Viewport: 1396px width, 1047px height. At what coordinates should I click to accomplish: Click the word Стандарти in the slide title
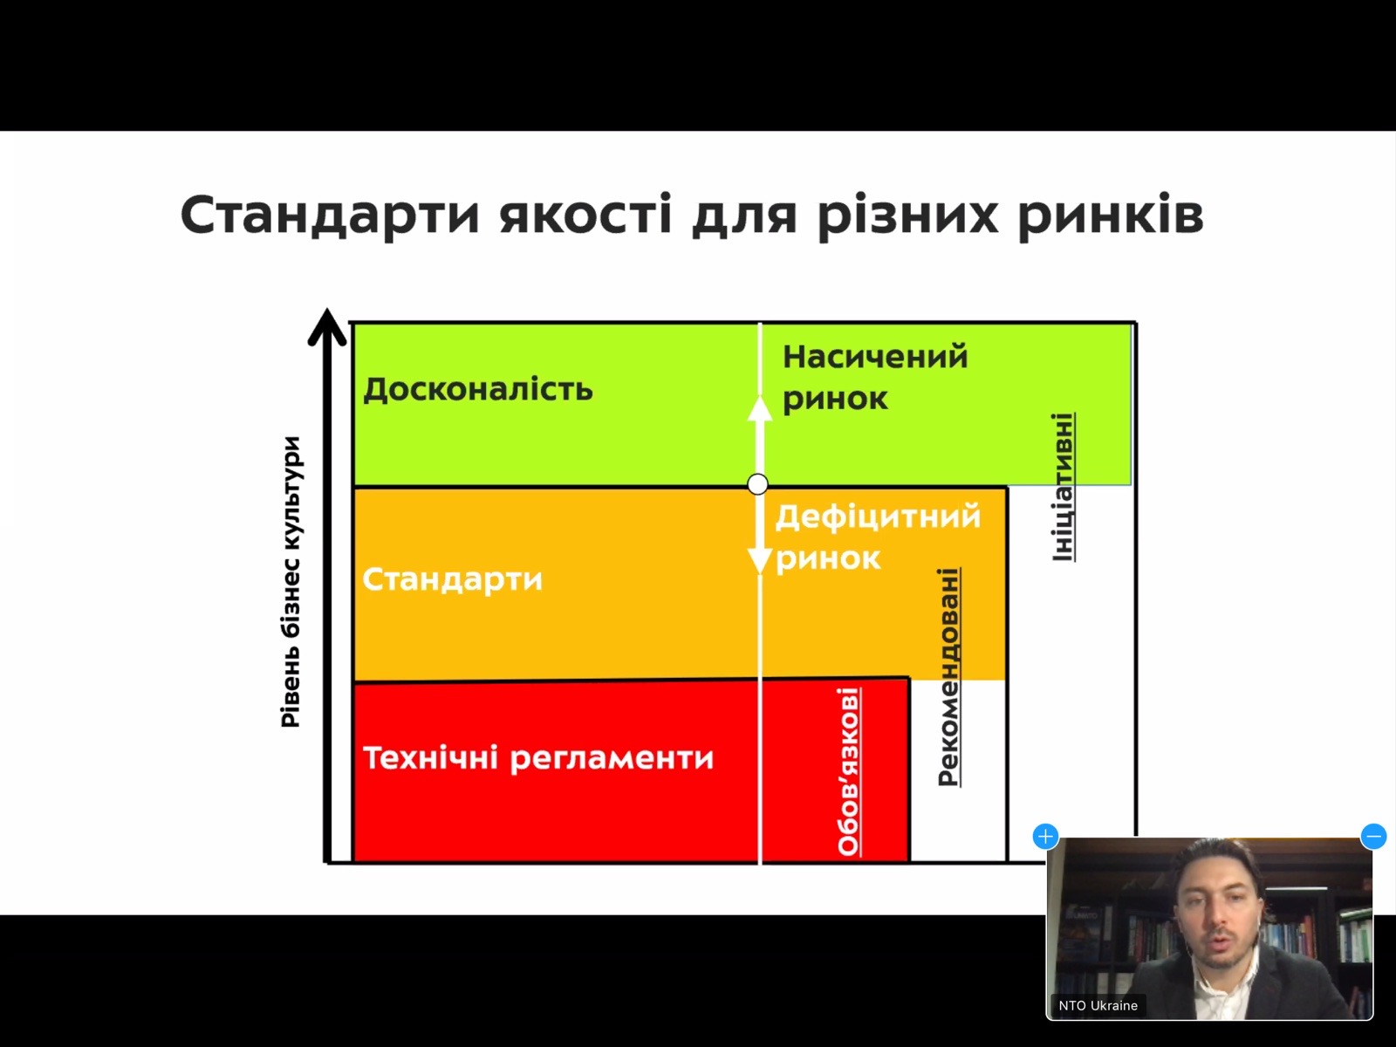[330, 215]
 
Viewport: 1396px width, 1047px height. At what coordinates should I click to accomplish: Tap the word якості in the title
[585, 214]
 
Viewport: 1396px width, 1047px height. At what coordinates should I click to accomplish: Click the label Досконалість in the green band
[477, 389]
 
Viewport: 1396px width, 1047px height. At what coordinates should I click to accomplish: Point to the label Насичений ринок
[875, 378]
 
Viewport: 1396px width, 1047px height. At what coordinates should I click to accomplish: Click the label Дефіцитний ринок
[878, 537]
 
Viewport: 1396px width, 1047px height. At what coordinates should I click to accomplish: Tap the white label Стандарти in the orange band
[452, 579]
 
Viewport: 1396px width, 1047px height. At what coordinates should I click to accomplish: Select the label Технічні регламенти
[538, 757]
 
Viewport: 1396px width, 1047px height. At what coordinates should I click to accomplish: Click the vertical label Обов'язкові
[848, 771]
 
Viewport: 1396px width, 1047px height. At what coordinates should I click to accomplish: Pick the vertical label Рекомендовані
[948, 677]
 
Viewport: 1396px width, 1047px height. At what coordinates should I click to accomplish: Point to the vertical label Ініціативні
[1064, 487]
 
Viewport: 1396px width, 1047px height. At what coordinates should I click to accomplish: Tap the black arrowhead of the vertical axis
[327, 326]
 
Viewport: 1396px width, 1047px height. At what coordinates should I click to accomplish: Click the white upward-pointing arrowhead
[759, 408]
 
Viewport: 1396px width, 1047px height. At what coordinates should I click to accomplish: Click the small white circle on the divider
[757, 484]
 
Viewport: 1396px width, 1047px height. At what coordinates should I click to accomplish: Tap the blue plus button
[1045, 837]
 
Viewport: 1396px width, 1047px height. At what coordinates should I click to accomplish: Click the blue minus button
[1373, 837]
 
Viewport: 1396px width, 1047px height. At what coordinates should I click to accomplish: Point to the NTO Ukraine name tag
[1098, 1006]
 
